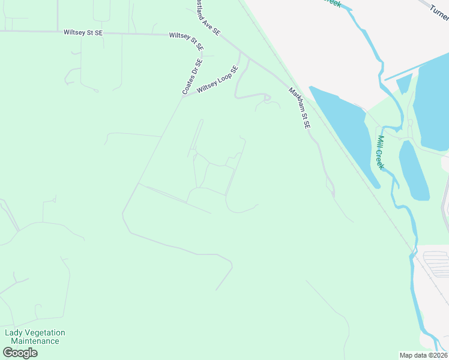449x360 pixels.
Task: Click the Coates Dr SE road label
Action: tap(193, 76)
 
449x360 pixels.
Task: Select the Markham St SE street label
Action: tap(300, 109)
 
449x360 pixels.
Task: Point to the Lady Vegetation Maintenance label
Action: tap(35, 337)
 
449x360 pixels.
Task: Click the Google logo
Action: tap(20, 352)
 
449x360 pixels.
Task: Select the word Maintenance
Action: tap(35, 341)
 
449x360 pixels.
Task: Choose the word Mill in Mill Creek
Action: tap(380, 142)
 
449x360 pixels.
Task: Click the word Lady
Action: tap(13, 332)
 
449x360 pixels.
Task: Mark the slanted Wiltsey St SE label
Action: tap(187, 40)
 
